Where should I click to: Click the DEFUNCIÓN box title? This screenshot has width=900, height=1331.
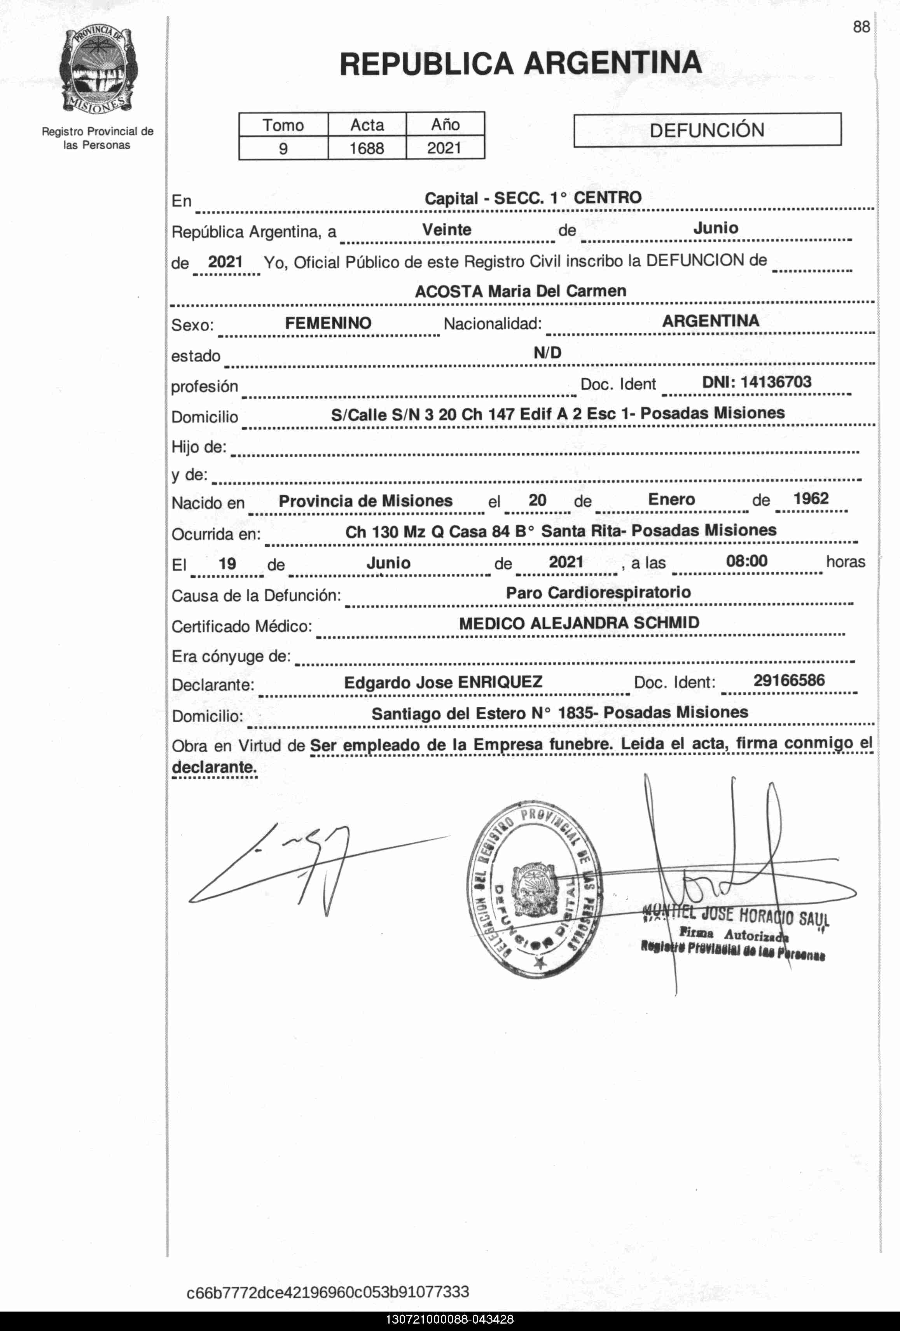707,130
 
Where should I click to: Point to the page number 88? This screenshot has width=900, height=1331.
861,27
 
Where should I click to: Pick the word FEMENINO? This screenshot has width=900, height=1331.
328,323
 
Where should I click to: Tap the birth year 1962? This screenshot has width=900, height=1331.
811,498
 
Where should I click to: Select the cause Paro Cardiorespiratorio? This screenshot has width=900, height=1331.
598,592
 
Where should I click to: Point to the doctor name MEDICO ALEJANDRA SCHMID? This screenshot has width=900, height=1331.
578,623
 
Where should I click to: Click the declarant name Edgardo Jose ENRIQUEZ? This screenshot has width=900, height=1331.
443,682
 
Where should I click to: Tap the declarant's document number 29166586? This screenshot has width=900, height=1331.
789,680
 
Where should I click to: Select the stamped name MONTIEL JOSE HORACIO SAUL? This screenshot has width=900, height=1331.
736,915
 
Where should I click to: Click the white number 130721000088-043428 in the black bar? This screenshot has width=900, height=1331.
450,1320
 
